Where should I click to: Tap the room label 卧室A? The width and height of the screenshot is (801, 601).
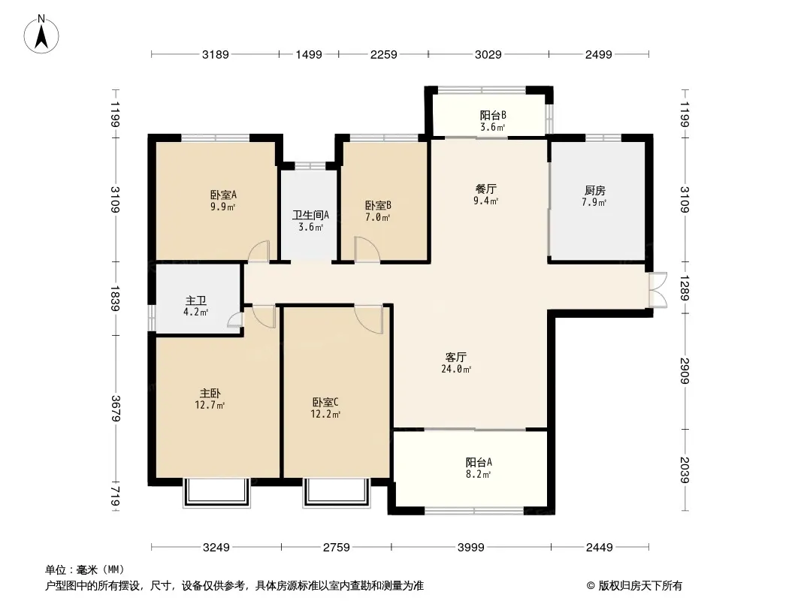point(223,195)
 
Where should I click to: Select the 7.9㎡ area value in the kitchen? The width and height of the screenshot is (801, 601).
point(594,202)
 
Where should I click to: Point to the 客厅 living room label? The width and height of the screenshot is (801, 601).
point(455,357)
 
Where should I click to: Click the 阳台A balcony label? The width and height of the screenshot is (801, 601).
point(479,462)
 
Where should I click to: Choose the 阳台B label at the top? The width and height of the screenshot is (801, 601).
point(493,116)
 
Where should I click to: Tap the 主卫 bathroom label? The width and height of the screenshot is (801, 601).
point(195,300)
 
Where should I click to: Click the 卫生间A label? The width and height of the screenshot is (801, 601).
point(310,215)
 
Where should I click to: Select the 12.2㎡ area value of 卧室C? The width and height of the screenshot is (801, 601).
point(325,414)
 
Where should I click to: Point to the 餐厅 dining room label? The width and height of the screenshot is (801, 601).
point(486,189)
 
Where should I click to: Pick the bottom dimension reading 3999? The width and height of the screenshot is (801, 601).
point(470,548)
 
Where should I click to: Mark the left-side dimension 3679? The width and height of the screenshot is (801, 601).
point(115,409)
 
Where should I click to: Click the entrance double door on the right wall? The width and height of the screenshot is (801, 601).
point(658,290)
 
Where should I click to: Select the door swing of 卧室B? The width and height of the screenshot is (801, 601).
point(367,249)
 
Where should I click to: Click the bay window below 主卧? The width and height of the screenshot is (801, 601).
point(216,493)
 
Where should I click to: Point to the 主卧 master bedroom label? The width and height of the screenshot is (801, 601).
point(210,393)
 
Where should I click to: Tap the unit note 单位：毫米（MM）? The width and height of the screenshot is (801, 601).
point(85,570)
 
